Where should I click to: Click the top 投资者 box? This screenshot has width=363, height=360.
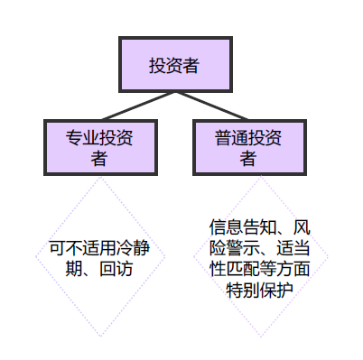174,65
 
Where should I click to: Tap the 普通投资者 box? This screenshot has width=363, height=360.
248,148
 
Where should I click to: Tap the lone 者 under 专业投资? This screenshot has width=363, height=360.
100,159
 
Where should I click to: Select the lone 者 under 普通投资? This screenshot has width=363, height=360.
248,159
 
